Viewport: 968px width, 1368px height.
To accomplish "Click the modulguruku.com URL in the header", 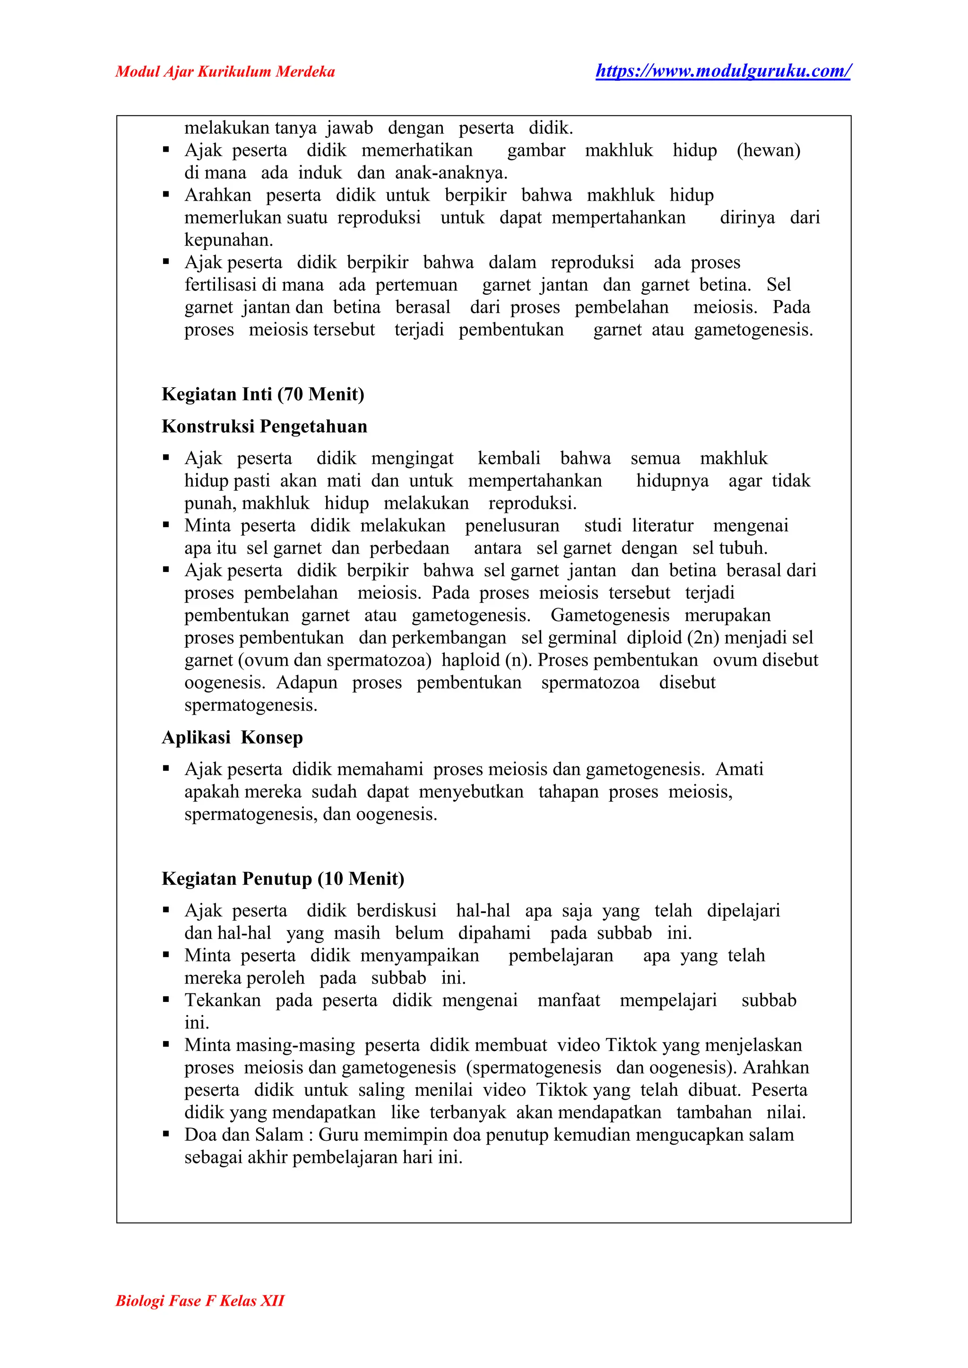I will click(x=723, y=71).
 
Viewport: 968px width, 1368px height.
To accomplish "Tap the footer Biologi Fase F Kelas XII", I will click(x=199, y=1300).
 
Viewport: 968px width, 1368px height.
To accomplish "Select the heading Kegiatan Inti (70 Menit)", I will click(x=263, y=394).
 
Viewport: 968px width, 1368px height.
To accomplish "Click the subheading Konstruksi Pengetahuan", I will click(x=265, y=426).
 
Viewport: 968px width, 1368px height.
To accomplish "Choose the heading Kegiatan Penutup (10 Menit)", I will click(x=283, y=878).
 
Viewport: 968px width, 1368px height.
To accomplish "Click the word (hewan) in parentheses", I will click(x=769, y=150).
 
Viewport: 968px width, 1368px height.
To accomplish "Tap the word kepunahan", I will click(x=228, y=240).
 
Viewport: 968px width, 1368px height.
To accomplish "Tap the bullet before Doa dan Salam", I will click(x=166, y=1135).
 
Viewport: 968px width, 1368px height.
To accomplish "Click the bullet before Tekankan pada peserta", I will click(x=166, y=1000).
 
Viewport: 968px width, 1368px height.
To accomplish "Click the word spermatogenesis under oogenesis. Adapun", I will click(x=251, y=705).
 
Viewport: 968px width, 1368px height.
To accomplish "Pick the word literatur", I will click(x=663, y=525).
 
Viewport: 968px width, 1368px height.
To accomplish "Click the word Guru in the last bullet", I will click(x=338, y=1135).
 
